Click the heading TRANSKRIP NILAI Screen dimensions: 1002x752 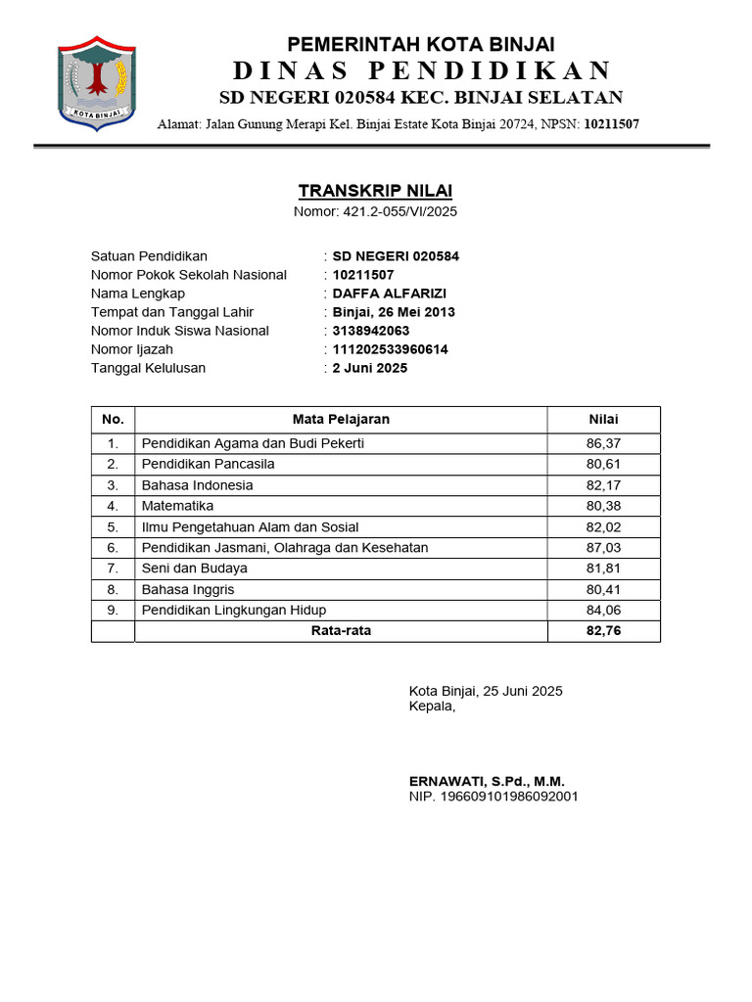tap(375, 191)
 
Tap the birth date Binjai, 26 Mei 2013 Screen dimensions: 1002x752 tap(394, 312)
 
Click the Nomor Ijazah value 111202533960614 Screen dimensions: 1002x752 tap(391, 349)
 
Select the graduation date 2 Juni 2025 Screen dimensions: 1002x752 tap(370, 368)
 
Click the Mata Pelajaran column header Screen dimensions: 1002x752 tap(341, 419)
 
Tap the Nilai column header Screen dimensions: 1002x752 tap(603, 419)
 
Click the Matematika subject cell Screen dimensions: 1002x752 tap(177, 506)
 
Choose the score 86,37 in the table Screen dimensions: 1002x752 tap(603, 443)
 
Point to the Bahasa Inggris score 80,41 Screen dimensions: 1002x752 tap(603, 589)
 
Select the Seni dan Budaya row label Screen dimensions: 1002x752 tap(194, 569)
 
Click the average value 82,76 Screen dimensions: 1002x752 tap(603, 631)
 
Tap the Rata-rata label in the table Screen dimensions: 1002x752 tap(341, 631)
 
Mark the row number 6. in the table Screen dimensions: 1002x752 tap(113, 548)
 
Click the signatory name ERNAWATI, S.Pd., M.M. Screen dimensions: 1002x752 tap(487, 781)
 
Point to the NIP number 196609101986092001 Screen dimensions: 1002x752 tap(493, 797)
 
